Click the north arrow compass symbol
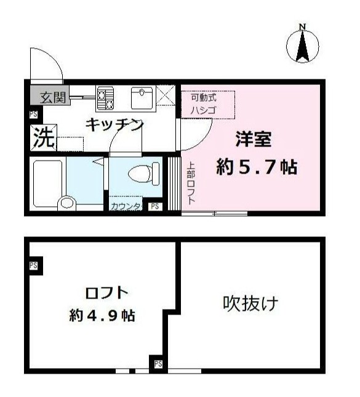tap(302, 44)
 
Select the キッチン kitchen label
tap(114, 124)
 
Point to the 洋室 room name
tap(253, 140)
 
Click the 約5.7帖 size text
tap(257, 167)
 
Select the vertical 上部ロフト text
tap(191, 182)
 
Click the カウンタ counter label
tap(126, 207)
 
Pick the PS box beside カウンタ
tap(154, 207)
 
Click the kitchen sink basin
tap(143, 97)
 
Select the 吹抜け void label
tap(250, 303)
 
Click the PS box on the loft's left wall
tap(33, 266)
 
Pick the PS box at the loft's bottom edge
tap(158, 364)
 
